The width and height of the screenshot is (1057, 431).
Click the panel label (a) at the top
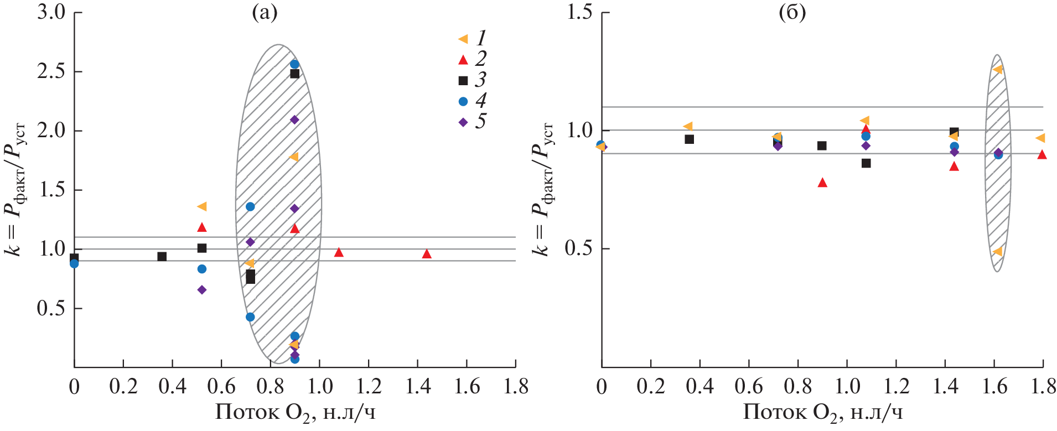pos(265,13)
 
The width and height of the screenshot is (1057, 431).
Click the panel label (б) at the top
pos(792,13)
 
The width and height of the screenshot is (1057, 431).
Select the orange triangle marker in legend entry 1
pos(463,39)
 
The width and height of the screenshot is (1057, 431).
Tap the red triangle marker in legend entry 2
pos(463,60)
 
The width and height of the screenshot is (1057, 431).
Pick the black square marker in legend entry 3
pos(463,81)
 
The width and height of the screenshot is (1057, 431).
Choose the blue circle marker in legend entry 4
pos(463,101)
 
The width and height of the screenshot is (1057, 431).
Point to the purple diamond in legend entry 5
pos(463,122)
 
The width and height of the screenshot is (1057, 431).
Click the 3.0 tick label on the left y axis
pos(51,13)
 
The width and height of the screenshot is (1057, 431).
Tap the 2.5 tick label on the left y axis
pos(51,72)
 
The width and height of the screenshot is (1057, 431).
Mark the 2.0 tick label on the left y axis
pos(51,131)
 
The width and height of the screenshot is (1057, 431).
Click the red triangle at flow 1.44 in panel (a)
pos(427,254)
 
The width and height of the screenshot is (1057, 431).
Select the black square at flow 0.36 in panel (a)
pos(162,257)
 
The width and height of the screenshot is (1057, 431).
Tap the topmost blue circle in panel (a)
pos(294,64)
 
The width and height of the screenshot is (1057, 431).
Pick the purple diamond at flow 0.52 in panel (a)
pos(202,290)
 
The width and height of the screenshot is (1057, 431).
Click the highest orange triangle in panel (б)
pos(998,70)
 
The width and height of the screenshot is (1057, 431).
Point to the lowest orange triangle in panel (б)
pos(998,252)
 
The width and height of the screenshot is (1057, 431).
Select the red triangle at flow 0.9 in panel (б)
pos(822,183)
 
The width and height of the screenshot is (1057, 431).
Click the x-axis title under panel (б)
pos(822,413)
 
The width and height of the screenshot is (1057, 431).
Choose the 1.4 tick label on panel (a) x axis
pos(418,387)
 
